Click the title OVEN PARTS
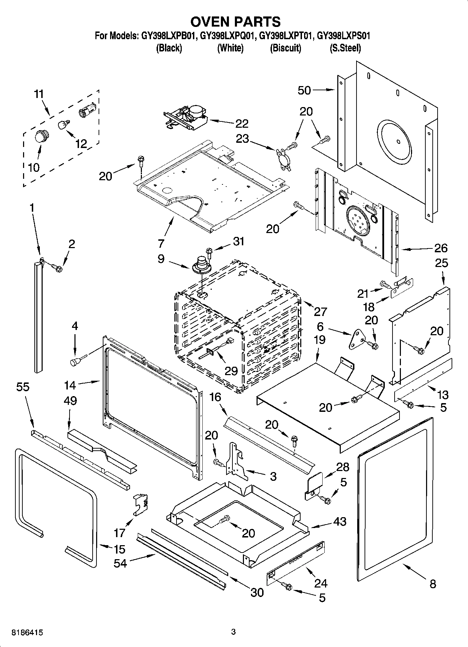(x=235, y=22)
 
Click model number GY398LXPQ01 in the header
(x=228, y=36)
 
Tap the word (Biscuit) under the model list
(x=285, y=48)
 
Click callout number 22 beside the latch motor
(x=242, y=124)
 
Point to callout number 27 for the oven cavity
(x=320, y=311)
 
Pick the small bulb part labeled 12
(x=63, y=125)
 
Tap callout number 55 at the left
(x=23, y=387)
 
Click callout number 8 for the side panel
(x=433, y=584)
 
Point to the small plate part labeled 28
(x=314, y=485)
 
